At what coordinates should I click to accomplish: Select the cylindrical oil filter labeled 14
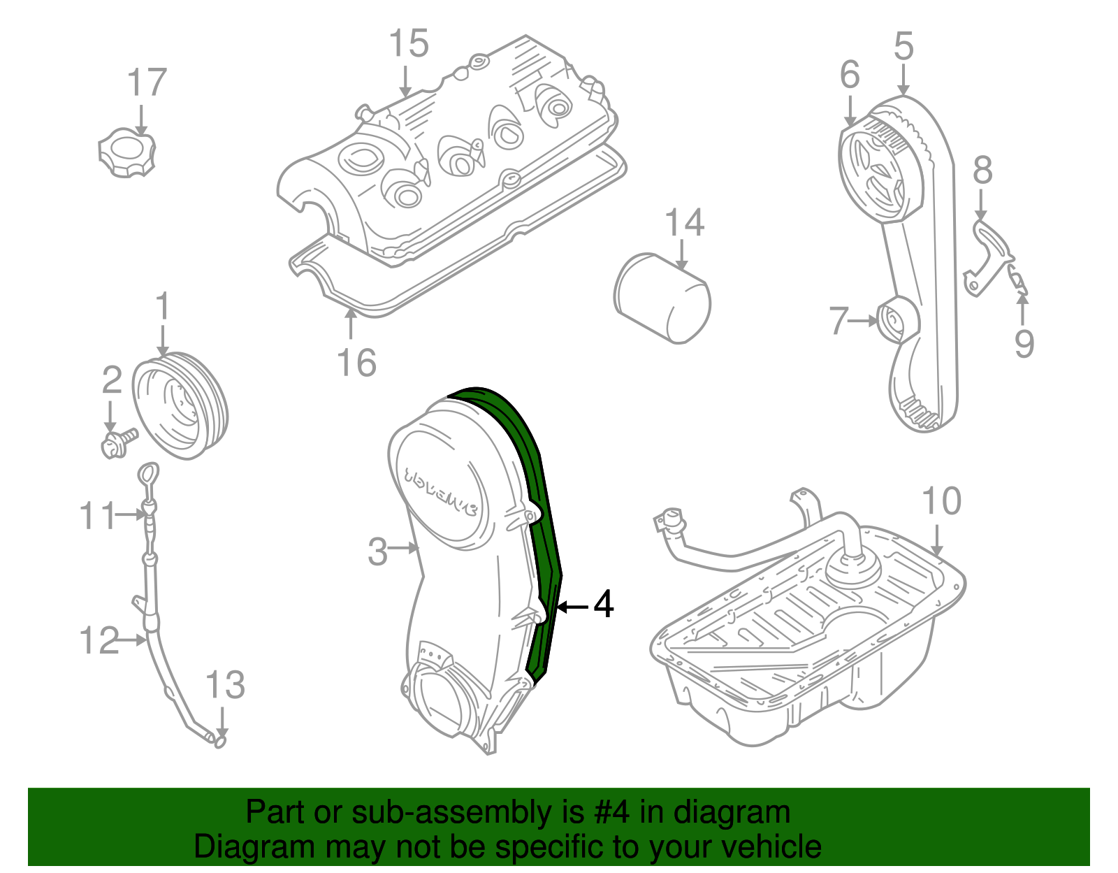pos(662,299)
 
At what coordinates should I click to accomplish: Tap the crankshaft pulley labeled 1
pos(180,406)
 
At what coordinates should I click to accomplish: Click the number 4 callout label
pos(604,604)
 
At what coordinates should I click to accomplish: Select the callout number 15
pos(409,45)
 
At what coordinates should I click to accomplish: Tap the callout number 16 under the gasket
pos(356,363)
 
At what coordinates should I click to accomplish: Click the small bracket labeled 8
pos(991,252)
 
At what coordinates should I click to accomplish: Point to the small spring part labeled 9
pos(1017,280)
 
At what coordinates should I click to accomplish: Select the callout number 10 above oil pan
pos(941,502)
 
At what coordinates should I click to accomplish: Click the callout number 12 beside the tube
pos(99,640)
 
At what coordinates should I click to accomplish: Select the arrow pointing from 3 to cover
pos(404,549)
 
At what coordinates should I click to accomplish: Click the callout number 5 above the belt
pos(903,47)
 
